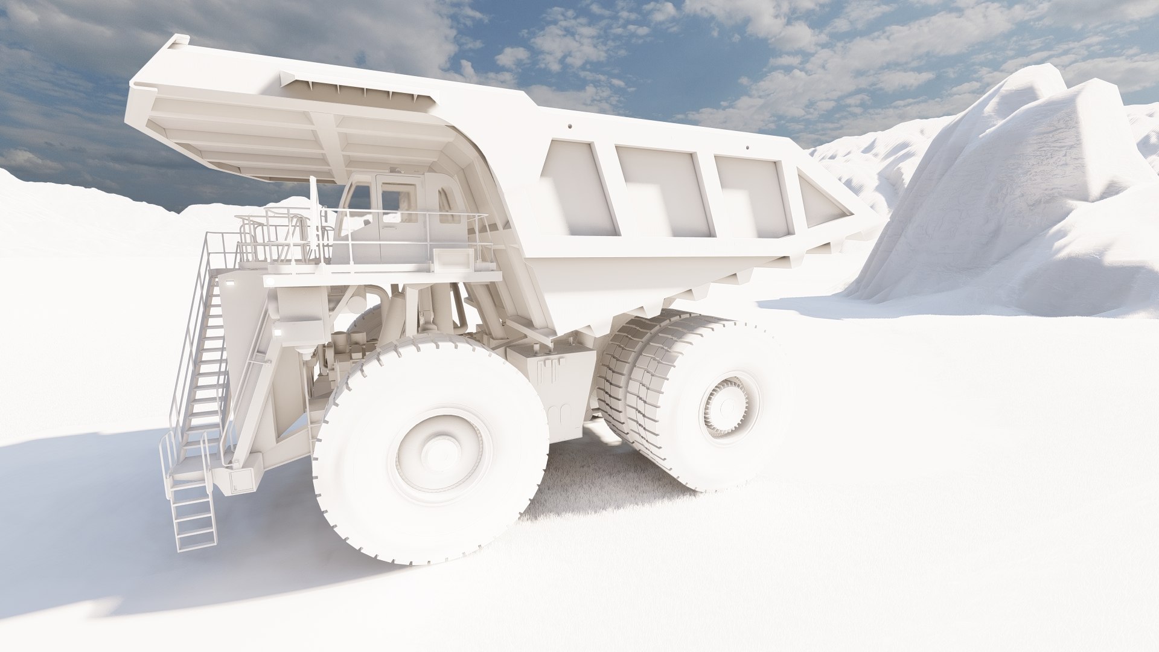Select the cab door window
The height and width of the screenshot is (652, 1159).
[398, 199]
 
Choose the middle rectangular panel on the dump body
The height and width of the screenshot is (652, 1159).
[661, 190]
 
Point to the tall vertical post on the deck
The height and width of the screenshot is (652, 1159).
[313, 217]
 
